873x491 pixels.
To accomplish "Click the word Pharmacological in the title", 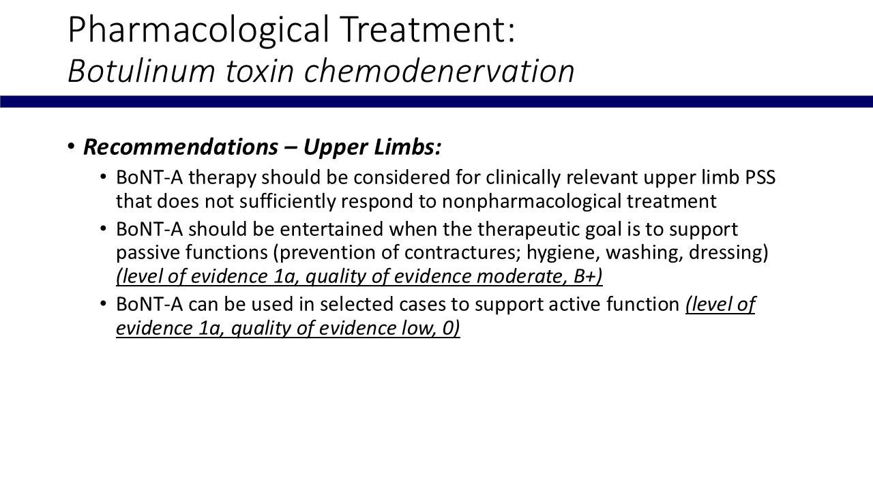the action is pos(198,31).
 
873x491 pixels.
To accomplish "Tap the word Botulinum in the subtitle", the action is pos(141,71).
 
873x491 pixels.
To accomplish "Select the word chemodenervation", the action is pos(439,71).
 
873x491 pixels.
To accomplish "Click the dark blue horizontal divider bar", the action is pos(436,102).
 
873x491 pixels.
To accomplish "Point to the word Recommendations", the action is pos(181,147).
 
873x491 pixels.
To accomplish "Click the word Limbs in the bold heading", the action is pos(407,147).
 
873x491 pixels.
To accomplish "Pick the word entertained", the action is pos(331,229).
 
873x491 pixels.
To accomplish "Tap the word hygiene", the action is pos(563,253).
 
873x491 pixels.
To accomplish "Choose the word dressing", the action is pos(725,253).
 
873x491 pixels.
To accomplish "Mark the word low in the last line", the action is pos(419,328).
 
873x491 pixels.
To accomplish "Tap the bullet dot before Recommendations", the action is pos(71,147).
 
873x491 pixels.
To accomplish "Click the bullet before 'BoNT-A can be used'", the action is pos(103,303).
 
